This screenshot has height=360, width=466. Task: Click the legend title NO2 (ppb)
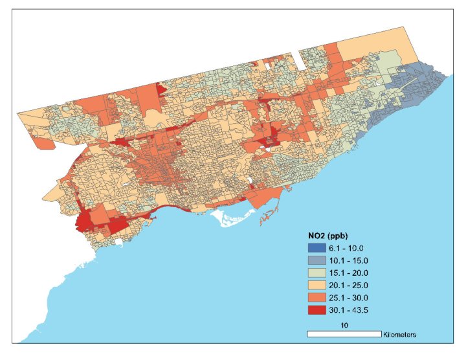tap(331, 235)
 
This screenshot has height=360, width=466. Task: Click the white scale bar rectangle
tap(343, 333)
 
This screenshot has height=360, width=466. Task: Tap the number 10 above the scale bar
tap(344, 324)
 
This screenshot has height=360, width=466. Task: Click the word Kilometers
tap(399, 334)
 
